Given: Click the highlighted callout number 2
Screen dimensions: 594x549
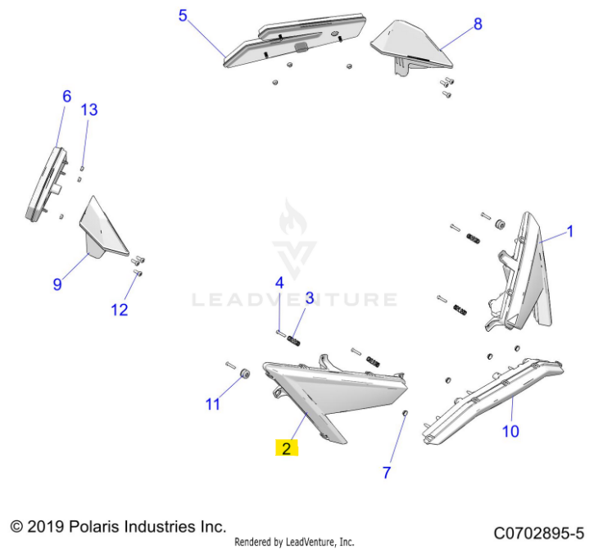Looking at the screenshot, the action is point(287,448).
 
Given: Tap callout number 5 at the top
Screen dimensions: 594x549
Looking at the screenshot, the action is point(183,16).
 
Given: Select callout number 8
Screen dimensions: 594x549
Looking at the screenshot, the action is point(478,24).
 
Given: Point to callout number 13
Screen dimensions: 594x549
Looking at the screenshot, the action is point(89,110).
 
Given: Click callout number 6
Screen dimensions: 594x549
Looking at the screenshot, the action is point(66,96).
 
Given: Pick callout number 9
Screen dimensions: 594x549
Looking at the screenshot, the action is point(57,284).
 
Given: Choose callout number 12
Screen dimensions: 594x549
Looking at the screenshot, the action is point(120,310).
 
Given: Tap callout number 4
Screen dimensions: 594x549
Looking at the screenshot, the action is point(279,283).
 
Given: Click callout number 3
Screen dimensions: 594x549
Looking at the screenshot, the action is point(310,298).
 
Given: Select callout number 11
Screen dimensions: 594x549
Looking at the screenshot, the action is point(213,404).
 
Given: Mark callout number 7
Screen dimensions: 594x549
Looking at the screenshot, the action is point(387,473).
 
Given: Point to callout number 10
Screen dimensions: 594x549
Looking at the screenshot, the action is point(510,431).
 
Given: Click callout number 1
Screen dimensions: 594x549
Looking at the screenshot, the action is point(569,232).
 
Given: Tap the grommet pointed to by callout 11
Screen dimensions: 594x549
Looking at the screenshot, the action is point(245,373).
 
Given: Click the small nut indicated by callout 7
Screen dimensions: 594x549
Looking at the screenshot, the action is point(404,413).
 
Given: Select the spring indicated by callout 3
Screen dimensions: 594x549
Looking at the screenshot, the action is point(294,341).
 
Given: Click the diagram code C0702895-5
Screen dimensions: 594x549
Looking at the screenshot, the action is point(538,533).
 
